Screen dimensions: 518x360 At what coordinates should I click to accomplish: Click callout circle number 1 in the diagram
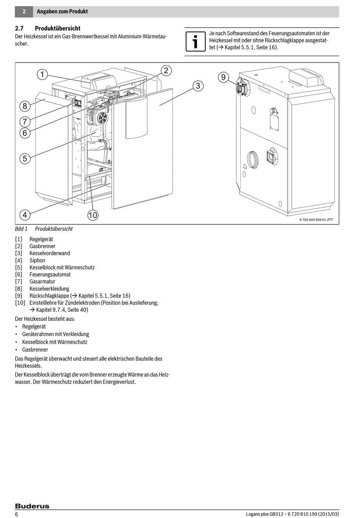tap(42, 74)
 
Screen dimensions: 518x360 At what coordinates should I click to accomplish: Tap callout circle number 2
tap(166, 70)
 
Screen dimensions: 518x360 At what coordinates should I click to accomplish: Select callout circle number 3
tap(198, 86)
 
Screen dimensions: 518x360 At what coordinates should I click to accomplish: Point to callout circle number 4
tap(25, 215)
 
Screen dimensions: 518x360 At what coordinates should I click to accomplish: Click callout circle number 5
tap(25, 158)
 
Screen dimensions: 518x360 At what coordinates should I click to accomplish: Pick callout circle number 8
tap(25, 106)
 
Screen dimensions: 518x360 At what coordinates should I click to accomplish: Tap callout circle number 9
tap(224, 77)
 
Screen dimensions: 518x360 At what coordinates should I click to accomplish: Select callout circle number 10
tap(93, 215)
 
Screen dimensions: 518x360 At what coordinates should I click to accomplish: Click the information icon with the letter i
tap(195, 41)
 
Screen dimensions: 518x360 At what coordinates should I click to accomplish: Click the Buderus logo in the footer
tap(32, 506)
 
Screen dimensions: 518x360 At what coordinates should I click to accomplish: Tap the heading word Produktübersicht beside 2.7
tap(58, 28)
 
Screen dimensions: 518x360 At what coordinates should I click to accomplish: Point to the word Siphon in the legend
tap(37, 260)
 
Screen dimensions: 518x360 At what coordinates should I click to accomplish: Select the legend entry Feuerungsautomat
tap(50, 274)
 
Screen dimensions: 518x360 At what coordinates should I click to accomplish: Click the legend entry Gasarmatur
tap(42, 282)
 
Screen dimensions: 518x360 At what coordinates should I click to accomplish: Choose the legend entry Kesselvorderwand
tap(50, 253)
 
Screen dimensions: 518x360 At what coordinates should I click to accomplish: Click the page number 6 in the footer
tap(17, 514)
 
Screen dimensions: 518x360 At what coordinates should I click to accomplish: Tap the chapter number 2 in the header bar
tap(24, 11)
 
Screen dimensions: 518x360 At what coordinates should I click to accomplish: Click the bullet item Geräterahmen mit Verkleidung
tap(56, 334)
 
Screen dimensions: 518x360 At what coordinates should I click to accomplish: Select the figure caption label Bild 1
tap(21, 229)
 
